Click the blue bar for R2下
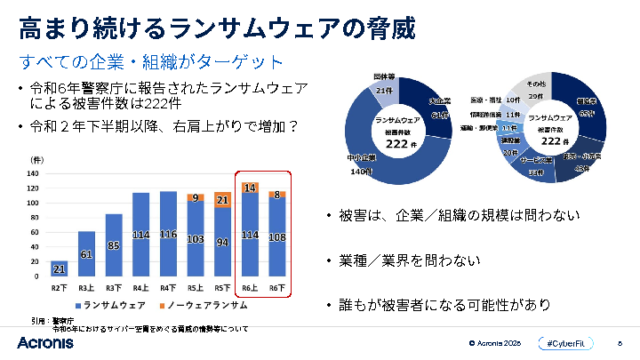pos(60,268)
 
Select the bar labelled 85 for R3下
pos(114,245)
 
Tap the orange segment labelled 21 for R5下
pos(222,200)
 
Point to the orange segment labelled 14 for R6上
pos(250,188)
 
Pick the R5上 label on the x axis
pos(196,287)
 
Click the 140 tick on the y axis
pos(33,174)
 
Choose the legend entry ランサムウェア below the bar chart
pos(112,306)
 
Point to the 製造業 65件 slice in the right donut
pos(588,111)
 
